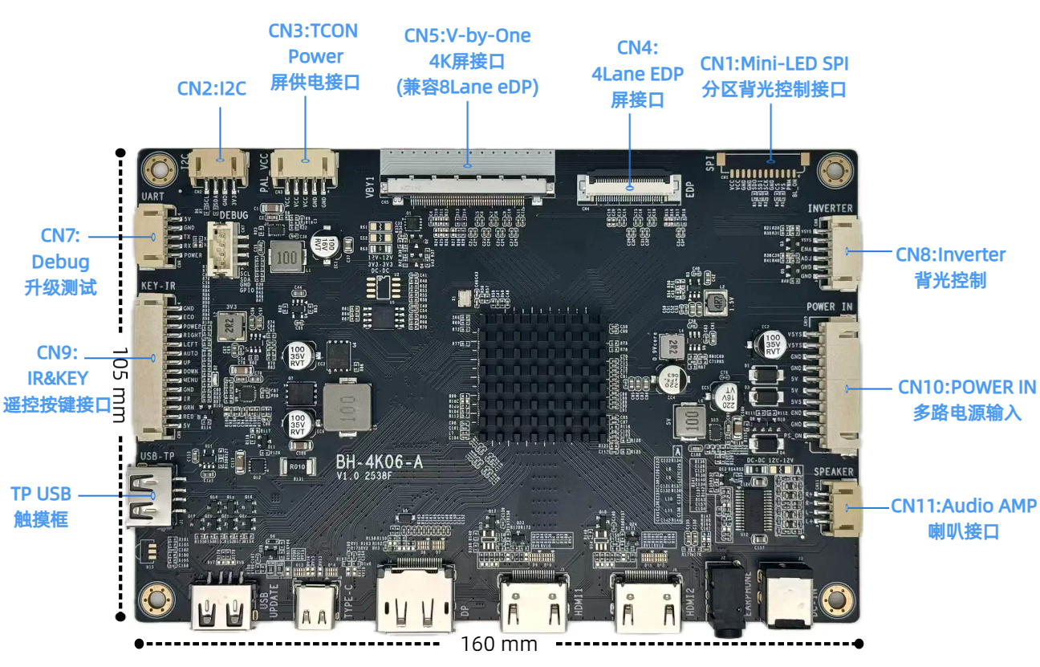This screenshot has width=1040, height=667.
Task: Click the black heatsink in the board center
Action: pyautogui.click(x=542, y=372)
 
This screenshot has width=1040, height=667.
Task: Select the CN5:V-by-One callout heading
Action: pyautogui.click(x=467, y=35)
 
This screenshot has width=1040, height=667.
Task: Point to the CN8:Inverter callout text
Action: pyautogui.click(x=950, y=255)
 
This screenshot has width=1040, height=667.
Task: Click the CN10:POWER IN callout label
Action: pyautogui.click(x=967, y=387)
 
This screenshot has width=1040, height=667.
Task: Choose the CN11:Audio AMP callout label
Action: pyautogui.click(x=963, y=506)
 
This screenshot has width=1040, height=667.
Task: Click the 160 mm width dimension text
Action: pyautogui.click(x=498, y=644)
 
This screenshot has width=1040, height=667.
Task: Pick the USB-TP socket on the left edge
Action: pyautogui.click(x=148, y=494)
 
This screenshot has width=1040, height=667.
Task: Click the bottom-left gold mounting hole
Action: pyautogui.click(x=156, y=599)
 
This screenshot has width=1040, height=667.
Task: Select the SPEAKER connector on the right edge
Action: pyautogui.click(x=840, y=508)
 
